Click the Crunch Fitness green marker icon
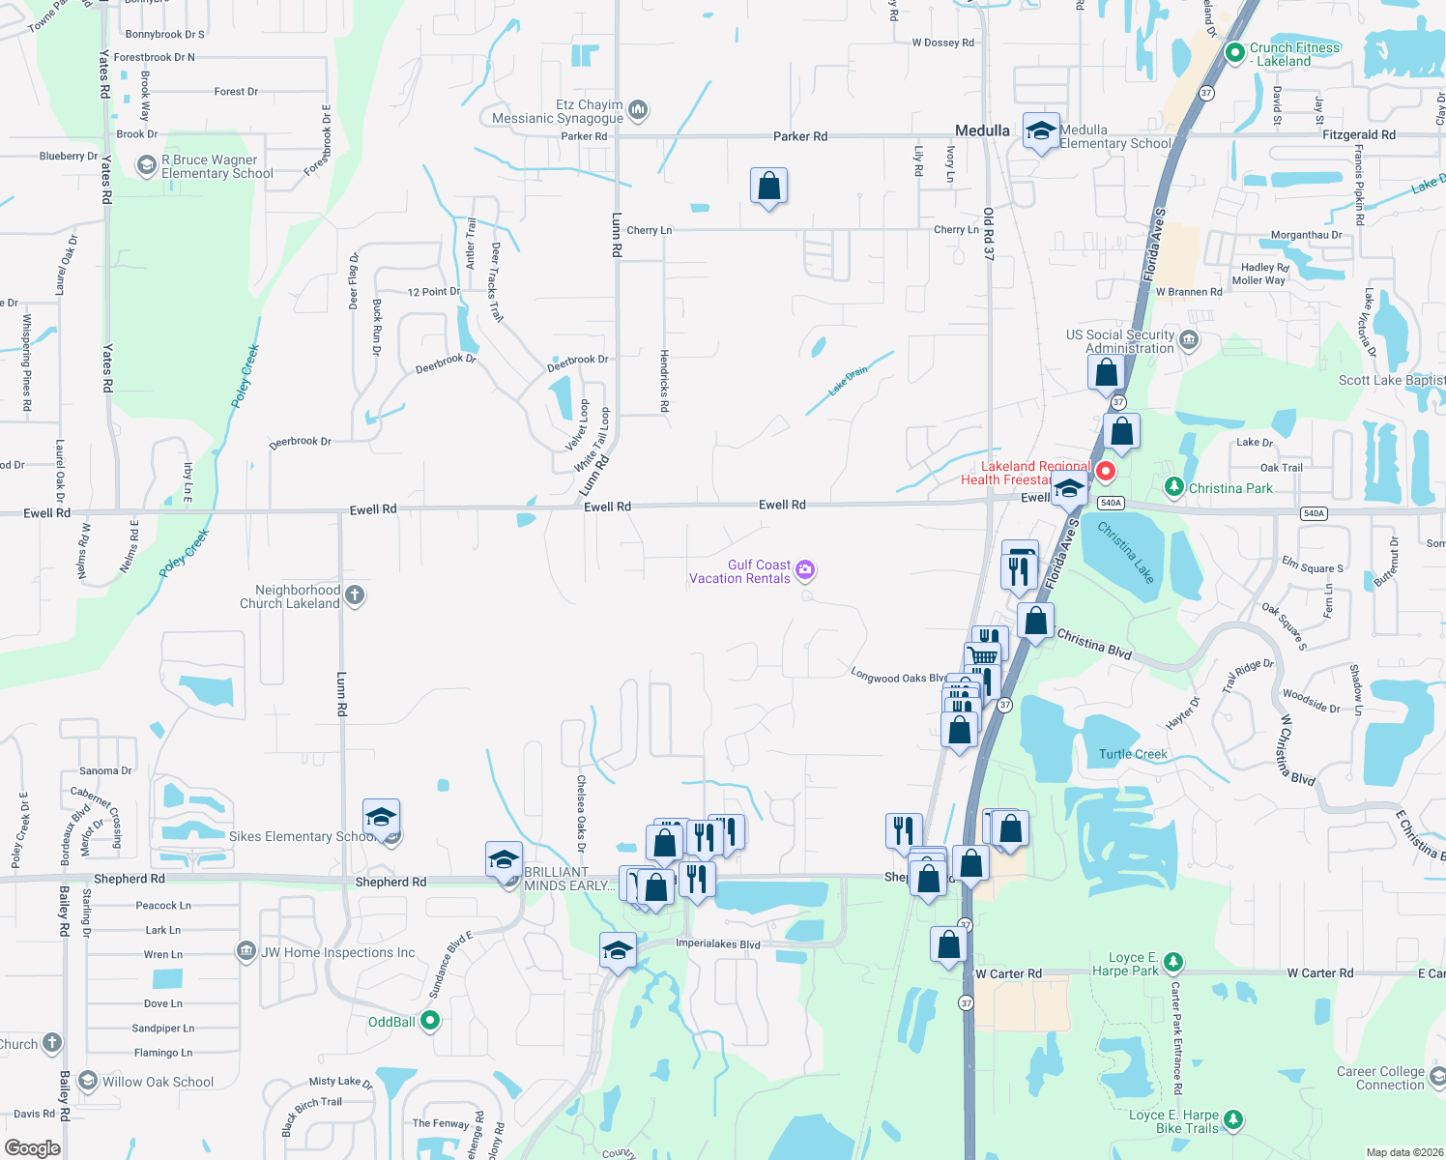click(x=1234, y=53)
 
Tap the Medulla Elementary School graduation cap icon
click(x=1040, y=131)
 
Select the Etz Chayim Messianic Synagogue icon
click(x=638, y=110)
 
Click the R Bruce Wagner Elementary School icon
click(x=146, y=166)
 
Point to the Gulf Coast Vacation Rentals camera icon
click(x=805, y=571)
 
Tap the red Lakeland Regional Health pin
click(x=1105, y=472)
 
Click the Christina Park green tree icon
click(x=1173, y=487)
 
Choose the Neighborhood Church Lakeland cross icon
click(x=355, y=595)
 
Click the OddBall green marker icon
click(x=430, y=1021)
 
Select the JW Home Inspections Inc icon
click(x=246, y=951)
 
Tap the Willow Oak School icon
click(x=88, y=1081)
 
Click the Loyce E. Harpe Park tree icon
click(x=1172, y=962)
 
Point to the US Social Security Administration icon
click(x=1189, y=340)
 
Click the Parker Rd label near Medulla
click(x=799, y=136)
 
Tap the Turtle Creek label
click(x=1133, y=754)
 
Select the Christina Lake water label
click(x=1126, y=552)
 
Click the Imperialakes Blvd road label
click(x=717, y=943)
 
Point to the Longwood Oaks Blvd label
click(x=898, y=677)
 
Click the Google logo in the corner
click(x=33, y=1147)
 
